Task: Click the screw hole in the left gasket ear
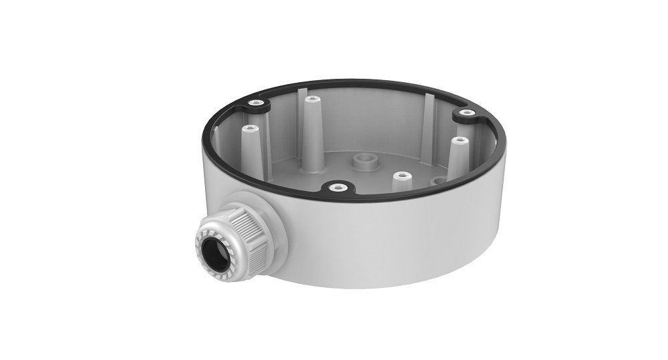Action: [x=255, y=103]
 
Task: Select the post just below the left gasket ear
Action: [x=249, y=128]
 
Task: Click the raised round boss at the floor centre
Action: [x=365, y=160]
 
